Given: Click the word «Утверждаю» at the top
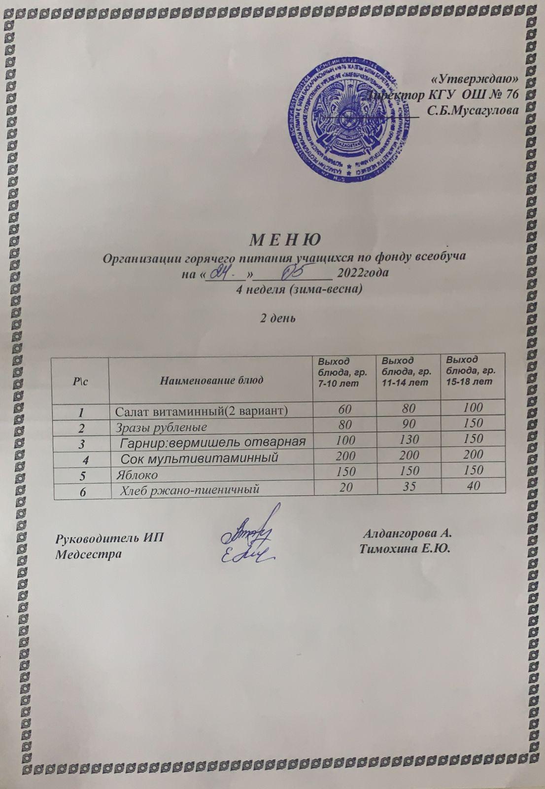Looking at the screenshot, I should [474, 79].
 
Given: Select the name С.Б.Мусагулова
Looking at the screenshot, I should [473, 110].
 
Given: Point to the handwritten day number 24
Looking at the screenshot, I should [223, 272].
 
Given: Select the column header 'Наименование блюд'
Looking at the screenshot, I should [211, 380].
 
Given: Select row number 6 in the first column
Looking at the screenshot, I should [82, 491].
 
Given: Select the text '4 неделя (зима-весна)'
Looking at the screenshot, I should [300, 289].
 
